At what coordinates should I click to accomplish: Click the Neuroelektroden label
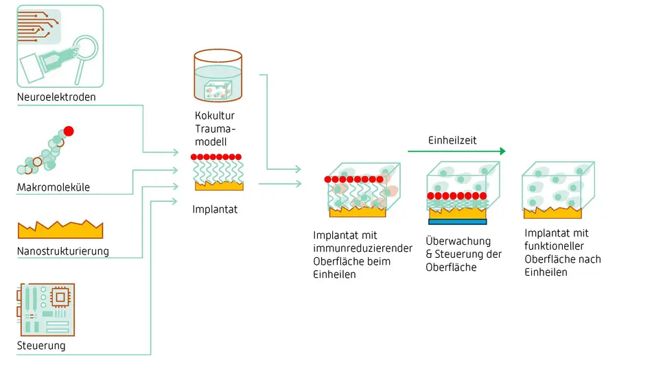(56, 97)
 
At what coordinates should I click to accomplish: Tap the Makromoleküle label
(53, 187)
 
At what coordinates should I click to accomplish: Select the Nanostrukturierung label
(62, 251)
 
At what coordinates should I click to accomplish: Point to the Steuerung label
(41, 346)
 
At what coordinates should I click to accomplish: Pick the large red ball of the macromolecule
(69, 131)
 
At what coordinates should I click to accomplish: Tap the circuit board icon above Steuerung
(45, 308)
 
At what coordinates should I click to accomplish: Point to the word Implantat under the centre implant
(215, 209)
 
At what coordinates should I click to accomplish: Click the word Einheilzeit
(452, 140)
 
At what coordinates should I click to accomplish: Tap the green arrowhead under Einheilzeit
(502, 151)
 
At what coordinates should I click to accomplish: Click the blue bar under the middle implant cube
(457, 222)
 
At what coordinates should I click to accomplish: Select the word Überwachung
(458, 241)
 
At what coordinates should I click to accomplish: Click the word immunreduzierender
(363, 248)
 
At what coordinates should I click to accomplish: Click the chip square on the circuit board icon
(60, 297)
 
